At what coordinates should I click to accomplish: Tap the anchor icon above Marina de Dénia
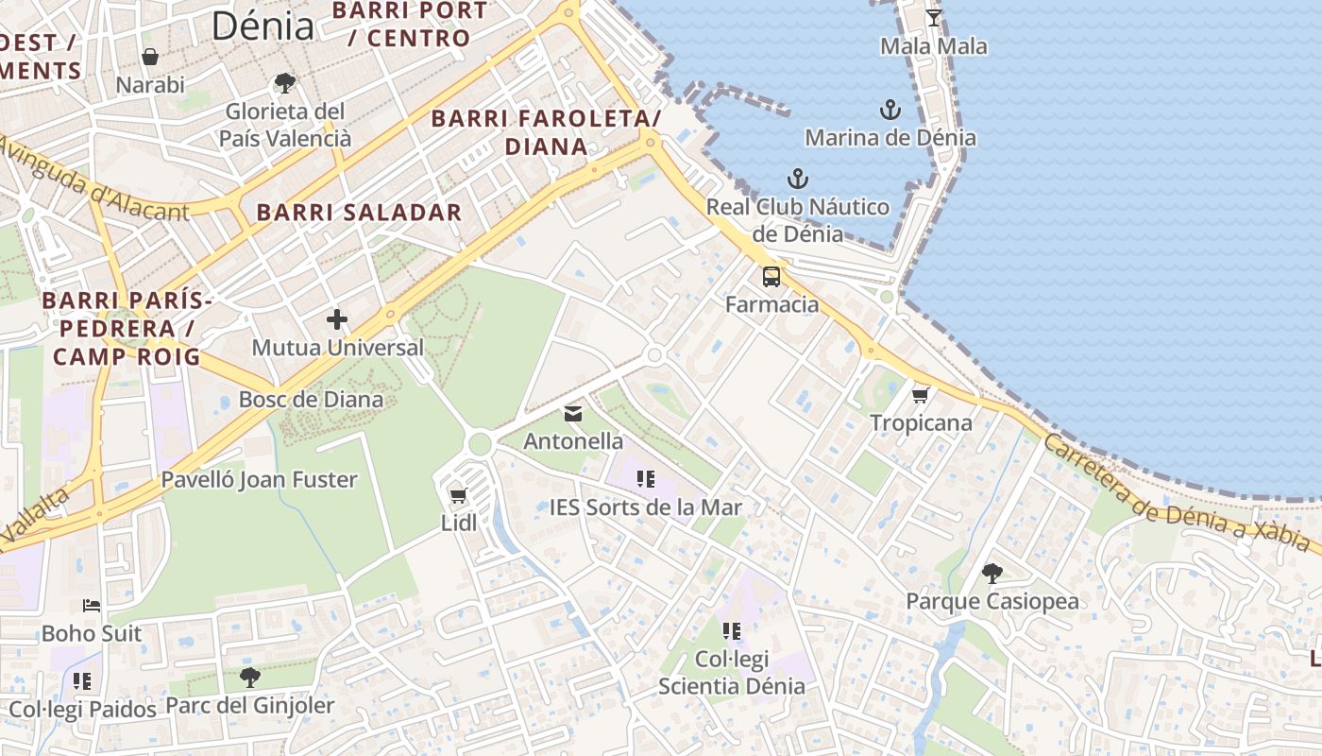tap(890, 110)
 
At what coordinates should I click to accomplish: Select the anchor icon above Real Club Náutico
tap(798, 179)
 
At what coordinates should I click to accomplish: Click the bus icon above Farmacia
tap(771, 277)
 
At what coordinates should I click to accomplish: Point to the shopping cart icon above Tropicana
tap(921, 395)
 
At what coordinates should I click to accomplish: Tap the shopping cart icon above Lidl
tap(459, 495)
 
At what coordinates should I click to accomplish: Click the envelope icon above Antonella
tap(573, 414)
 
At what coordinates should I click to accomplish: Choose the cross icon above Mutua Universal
tap(337, 320)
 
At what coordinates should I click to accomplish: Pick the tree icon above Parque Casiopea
tap(991, 573)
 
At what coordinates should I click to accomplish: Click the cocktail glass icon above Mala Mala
tap(933, 18)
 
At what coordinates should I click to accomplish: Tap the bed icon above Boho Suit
tap(92, 606)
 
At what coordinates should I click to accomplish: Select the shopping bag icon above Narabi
tap(150, 58)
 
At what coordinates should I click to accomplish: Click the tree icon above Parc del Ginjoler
tap(249, 677)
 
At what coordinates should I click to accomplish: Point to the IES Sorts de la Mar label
tap(646, 507)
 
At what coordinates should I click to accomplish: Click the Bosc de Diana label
tap(311, 399)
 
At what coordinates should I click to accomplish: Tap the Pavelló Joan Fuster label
tap(259, 479)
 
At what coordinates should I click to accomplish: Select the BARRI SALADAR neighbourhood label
tap(360, 213)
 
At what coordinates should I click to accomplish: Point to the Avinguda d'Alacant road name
tap(94, 180)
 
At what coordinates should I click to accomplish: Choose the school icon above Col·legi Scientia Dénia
tap(732, 630)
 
